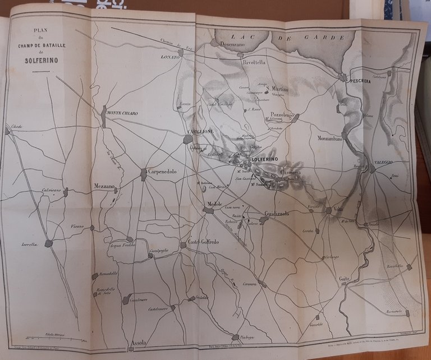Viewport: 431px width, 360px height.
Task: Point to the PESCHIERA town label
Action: tap(363, 81)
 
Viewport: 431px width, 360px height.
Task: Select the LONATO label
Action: tap(169, 57)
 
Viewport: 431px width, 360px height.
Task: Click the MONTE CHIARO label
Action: tap(122, 113)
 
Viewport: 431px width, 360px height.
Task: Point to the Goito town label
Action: tap(344, 279)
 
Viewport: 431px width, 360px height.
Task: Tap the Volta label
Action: tap(338, 210)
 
